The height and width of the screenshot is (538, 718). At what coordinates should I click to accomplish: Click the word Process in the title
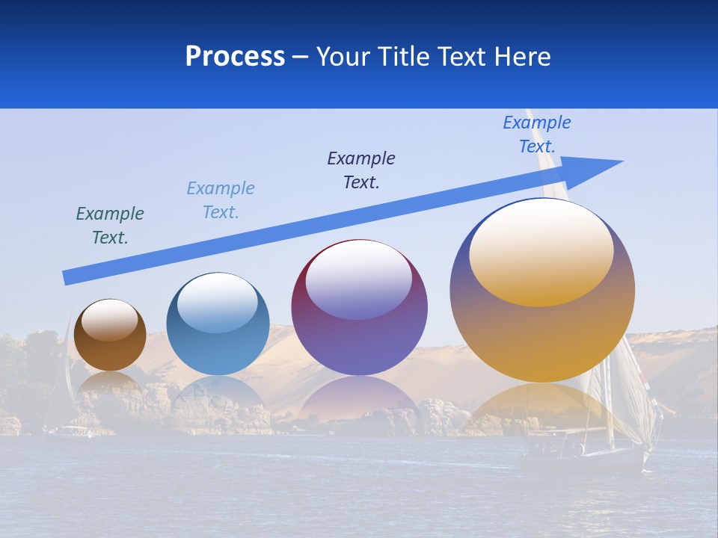[235, 57]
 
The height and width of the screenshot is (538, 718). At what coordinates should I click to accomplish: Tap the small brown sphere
[110, 336]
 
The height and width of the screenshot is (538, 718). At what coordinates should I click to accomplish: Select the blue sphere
[218, 324]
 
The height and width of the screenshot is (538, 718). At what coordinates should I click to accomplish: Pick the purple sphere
[359, 308]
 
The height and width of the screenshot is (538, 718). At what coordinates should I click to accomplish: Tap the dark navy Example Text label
[361, 170]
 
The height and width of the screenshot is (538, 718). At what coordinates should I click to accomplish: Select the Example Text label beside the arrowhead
[537, 134]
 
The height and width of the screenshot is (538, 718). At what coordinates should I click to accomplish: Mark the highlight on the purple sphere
[359, 278]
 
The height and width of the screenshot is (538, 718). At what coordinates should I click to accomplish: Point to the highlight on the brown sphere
[110, 320]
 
